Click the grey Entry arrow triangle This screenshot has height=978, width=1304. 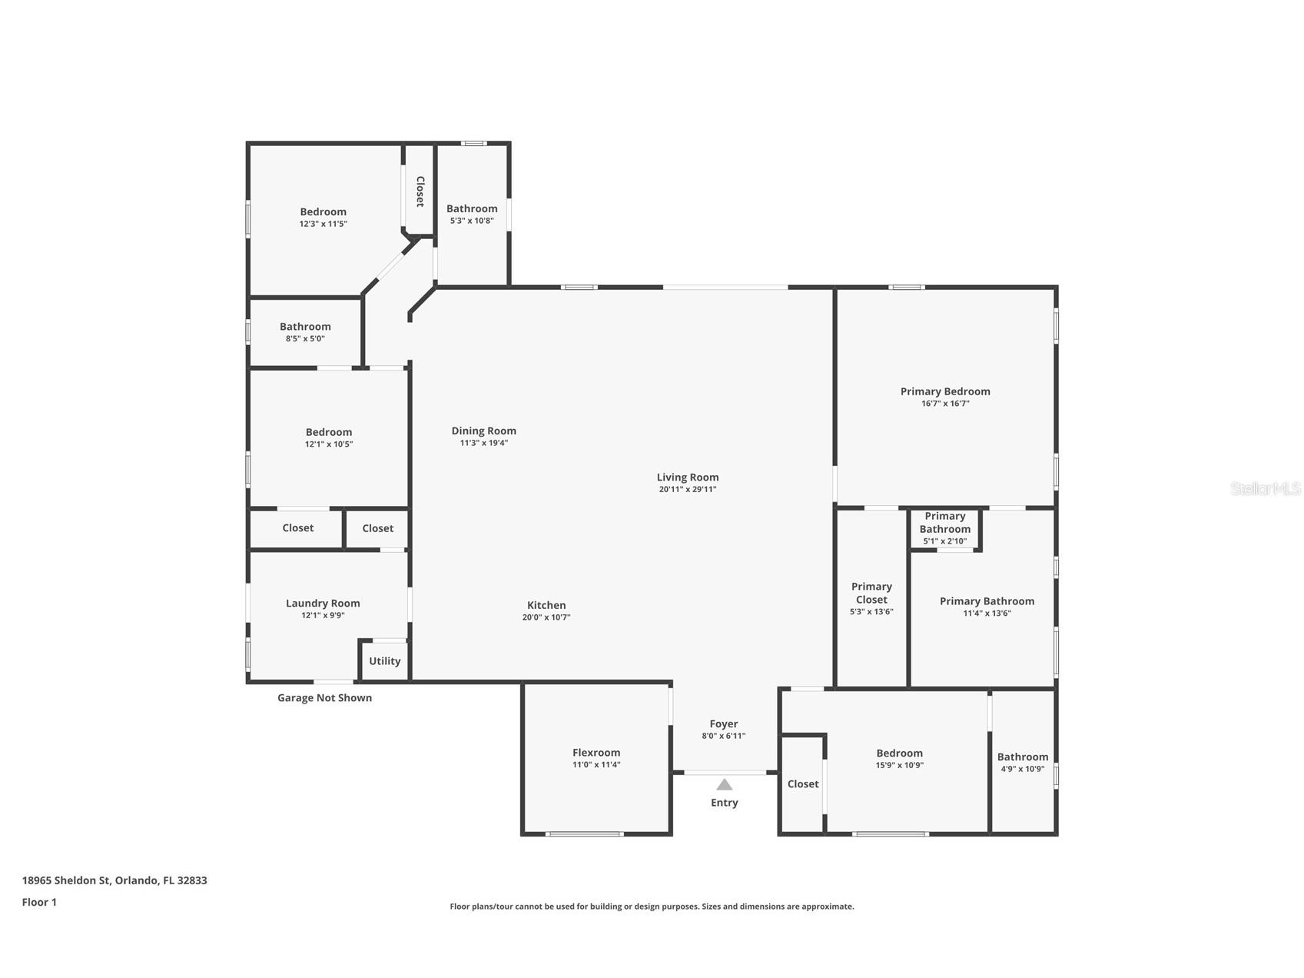724,785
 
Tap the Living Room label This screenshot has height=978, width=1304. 687,477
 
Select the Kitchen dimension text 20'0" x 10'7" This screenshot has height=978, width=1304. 546,617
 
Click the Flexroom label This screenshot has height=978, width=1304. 596,753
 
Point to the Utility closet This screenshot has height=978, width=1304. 384,661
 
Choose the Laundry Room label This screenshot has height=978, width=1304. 323,604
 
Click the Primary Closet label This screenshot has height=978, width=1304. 871,593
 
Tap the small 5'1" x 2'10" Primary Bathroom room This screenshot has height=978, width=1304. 944,528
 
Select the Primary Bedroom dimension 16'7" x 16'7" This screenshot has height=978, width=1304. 945,404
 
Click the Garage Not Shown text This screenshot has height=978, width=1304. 324,698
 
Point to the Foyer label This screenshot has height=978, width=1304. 723,724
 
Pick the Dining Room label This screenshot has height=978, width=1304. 483,431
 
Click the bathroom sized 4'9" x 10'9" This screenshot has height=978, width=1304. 1022,762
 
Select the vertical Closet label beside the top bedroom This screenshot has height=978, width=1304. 420,191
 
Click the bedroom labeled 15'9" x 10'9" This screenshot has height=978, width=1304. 899,758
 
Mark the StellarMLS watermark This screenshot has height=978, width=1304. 1265,488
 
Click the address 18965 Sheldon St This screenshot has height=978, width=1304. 114,880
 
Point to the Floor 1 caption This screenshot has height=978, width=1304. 39,903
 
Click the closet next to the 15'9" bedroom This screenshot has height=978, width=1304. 802,784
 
